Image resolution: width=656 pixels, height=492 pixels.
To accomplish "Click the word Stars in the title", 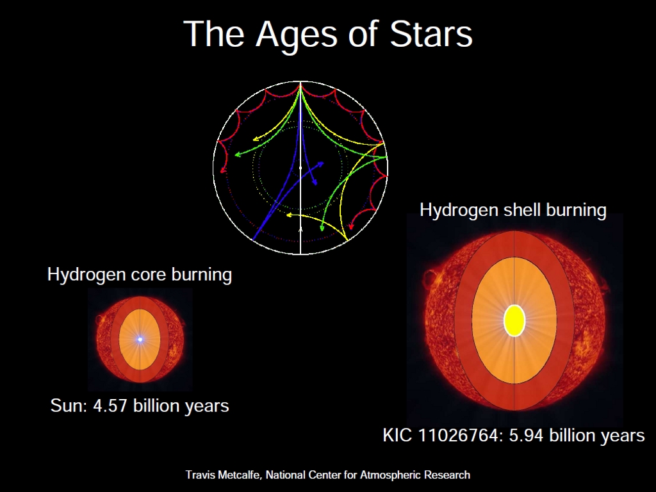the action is [431, 33].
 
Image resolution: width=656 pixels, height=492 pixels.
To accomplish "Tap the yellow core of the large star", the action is [514, 320].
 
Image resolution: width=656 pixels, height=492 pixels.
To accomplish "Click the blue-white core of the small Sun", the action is [140, 340].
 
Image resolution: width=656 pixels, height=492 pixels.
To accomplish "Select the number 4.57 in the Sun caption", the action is [110, 406].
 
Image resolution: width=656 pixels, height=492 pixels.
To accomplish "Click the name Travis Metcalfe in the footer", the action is [222, 475].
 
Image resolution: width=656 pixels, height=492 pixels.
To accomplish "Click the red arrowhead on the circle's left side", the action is [223, 170].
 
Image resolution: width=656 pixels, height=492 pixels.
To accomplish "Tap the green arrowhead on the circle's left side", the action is [238, 155].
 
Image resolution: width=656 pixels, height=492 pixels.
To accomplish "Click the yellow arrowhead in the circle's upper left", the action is [256, 139].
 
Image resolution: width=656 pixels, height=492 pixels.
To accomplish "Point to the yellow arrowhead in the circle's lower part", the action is [289, 215].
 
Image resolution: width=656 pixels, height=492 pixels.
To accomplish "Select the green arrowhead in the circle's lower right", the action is [322, 228].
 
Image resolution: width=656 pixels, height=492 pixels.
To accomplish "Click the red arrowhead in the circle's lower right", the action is [351, 227].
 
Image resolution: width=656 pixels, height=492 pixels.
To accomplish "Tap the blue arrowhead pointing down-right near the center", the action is [315, 182].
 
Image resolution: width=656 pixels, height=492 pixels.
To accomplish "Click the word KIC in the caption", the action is [398, 436].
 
